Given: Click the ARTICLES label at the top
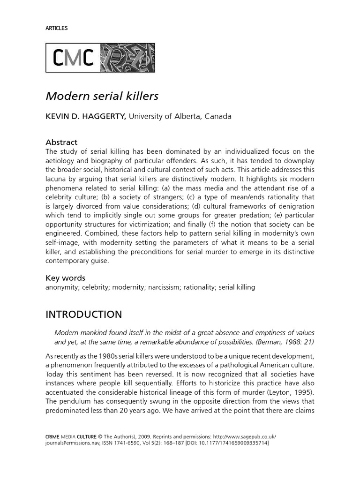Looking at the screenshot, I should [x=57, y=28].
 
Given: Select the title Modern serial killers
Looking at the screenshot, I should [x=102, y=96].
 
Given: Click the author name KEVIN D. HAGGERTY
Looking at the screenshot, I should [x=85, y=116].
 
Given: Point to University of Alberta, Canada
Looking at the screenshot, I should [x=180, y=116].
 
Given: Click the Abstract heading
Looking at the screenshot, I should [x=61, y=142].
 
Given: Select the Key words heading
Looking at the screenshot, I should [x=65, y=278].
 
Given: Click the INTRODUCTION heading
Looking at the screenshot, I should [x=83, y=314].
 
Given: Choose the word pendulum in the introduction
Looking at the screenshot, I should [x=77, y=401].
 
